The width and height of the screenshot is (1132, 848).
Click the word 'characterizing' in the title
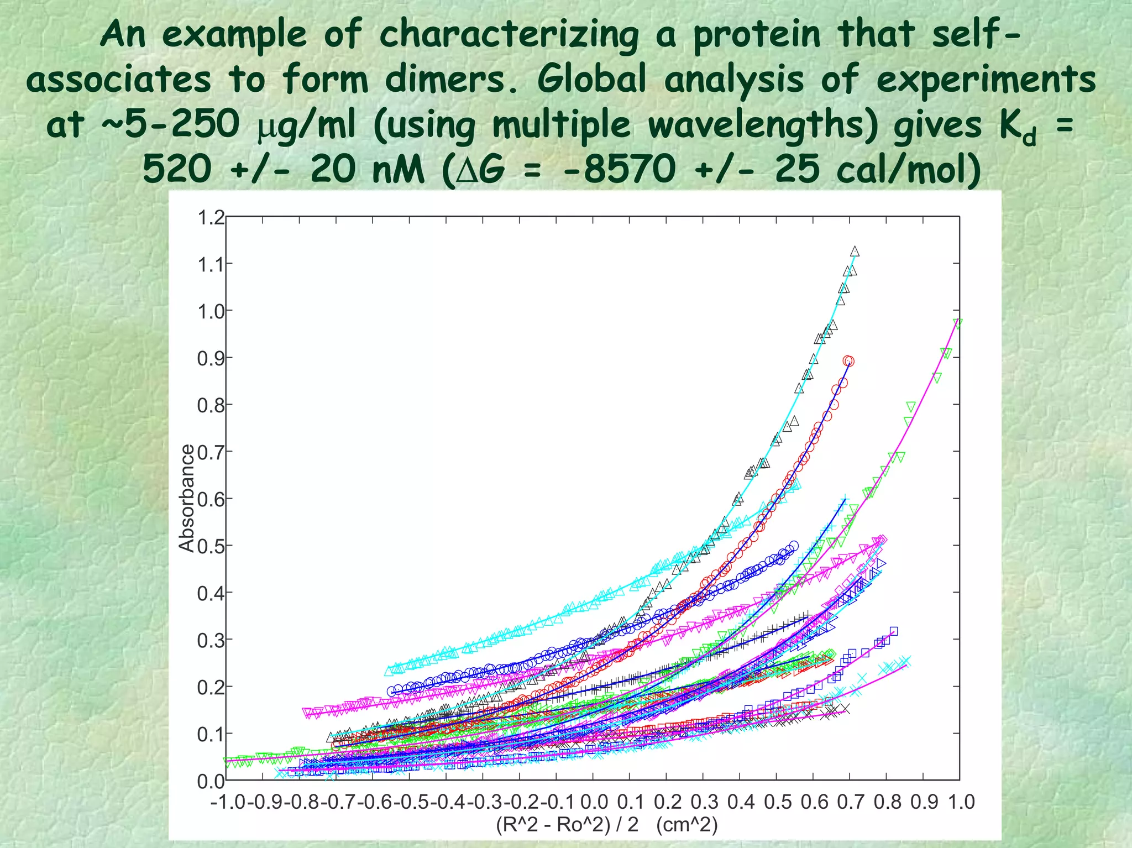509,34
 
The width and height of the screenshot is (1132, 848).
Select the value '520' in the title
177,169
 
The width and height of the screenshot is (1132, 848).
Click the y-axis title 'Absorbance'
187,498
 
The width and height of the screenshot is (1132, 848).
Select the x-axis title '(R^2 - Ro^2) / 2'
567,824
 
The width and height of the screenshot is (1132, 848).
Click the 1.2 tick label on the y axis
211,218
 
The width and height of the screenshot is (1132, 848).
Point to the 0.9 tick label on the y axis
211,358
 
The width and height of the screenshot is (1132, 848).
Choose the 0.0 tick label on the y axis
211,781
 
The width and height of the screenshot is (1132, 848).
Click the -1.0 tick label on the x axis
228,802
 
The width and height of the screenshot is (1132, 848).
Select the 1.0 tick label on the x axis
961,802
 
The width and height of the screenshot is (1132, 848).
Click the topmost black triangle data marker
855,252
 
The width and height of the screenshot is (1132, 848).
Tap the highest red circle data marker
848,361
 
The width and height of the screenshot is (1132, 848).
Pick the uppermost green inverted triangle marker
958,323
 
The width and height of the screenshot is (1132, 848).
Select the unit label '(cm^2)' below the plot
686,824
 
